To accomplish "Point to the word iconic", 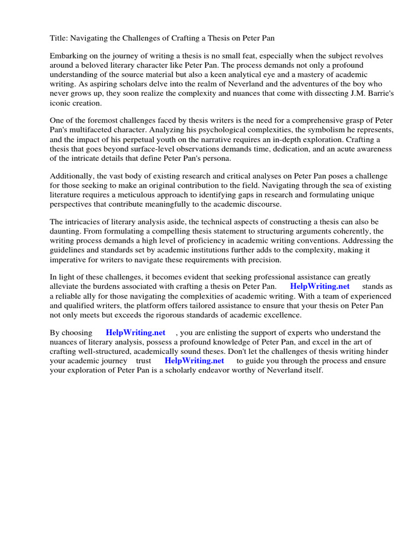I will coord(60,103).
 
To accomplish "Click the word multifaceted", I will coord(88,130).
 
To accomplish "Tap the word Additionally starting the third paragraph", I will coord(71,176).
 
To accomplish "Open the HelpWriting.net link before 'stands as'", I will coord(320,287).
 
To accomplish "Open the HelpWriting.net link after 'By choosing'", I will coord(136,333).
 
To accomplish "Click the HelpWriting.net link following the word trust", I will coord(194,361).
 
